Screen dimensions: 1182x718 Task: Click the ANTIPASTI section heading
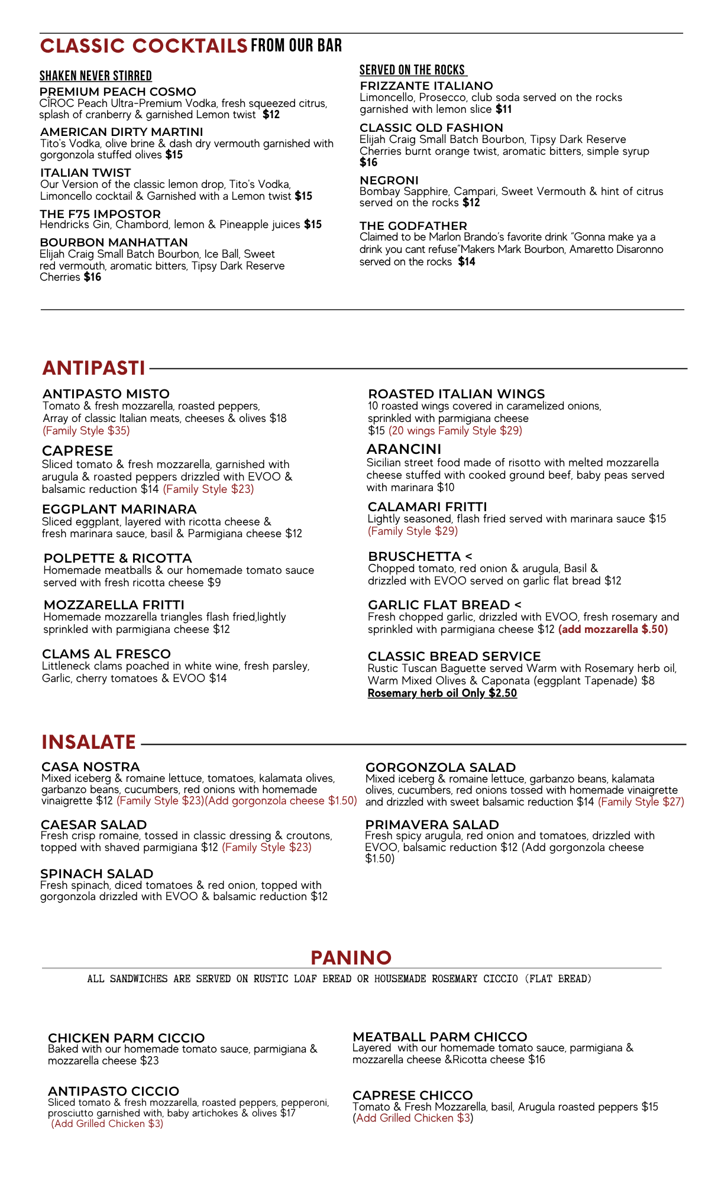coord(93,368)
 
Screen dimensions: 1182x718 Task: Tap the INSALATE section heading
coord(89,742)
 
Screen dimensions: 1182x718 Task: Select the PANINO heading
coord(351,957)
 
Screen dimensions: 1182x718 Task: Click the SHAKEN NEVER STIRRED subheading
coord(96,76)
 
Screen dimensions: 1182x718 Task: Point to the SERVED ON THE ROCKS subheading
coord(413,70)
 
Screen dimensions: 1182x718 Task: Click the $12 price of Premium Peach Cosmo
coord(271,115)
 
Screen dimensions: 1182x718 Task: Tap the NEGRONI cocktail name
coord(389,180)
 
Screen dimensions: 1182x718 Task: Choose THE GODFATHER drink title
coord(413,226)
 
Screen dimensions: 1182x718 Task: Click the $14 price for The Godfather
coord(467,262)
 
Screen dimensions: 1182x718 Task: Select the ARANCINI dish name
coord(404,449)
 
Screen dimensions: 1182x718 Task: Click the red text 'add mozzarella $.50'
coord(613,629)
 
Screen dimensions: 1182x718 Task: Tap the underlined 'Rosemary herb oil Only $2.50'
coord(442,693)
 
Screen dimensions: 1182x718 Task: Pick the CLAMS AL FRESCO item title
coord(106,654)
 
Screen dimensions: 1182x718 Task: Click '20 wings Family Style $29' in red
coord(455,431)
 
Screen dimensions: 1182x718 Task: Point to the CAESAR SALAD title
coord(93,824)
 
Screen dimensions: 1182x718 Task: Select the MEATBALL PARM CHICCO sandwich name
coord(440,1037)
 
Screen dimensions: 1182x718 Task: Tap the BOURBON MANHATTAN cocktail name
coord(114,242)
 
